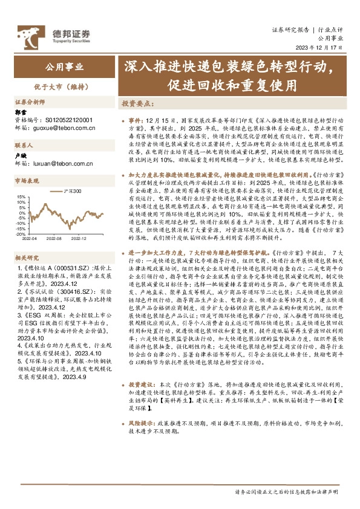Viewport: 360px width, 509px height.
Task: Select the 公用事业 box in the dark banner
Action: tap(65, 67)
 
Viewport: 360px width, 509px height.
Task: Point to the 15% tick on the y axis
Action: tap(21, 196)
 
